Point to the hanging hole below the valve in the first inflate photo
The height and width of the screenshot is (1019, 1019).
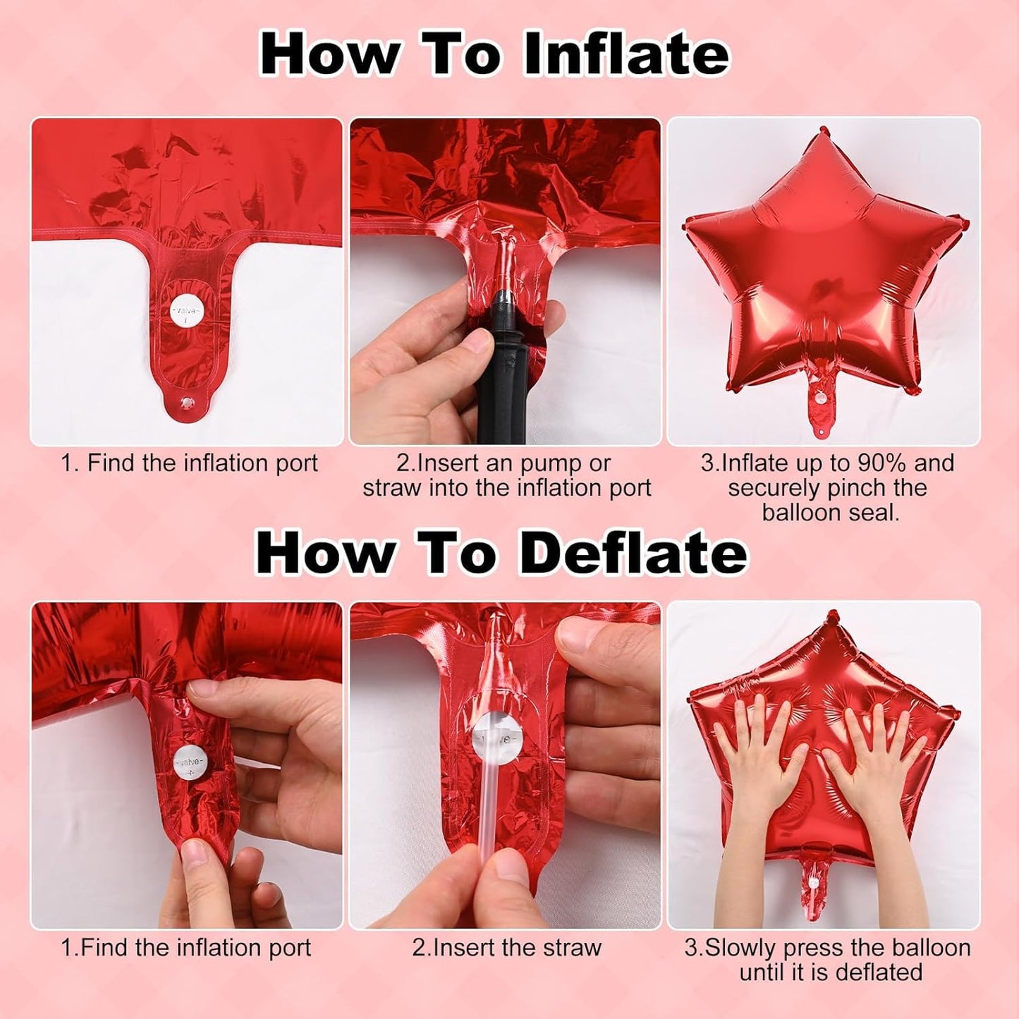point(186,403)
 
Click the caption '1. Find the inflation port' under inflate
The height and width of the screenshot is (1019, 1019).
point(188,463)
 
